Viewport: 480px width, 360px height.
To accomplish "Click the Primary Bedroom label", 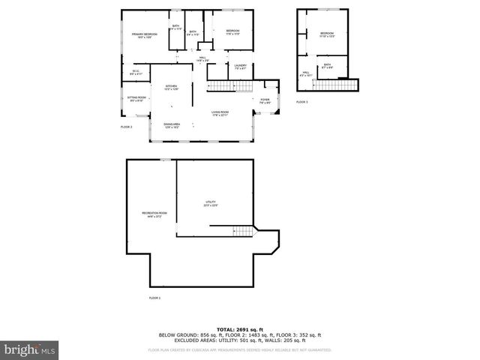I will coord(145,34).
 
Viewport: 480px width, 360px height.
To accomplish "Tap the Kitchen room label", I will coord(171,87).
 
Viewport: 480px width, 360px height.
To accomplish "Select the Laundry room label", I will coord(240,66).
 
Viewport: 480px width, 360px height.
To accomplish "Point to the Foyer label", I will coord(265,100).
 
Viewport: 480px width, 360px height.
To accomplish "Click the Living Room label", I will coord(220,112).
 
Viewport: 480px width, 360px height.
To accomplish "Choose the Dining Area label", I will coord(172,124).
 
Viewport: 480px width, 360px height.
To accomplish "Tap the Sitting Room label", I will coord(136,98).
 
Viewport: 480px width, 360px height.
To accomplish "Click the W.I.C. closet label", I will coord(136,73).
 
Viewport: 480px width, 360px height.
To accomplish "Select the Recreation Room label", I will coord(154,214).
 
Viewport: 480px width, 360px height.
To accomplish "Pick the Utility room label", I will coord(211,203).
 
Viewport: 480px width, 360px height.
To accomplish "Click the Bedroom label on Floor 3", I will coord(327,34).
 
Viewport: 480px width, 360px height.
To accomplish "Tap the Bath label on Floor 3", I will coord(328,66).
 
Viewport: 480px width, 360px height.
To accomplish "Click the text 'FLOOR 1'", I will coord(154,298).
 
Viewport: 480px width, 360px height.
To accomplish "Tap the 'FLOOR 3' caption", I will coord(301,101).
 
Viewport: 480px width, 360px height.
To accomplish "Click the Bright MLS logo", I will coord(30,349).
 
